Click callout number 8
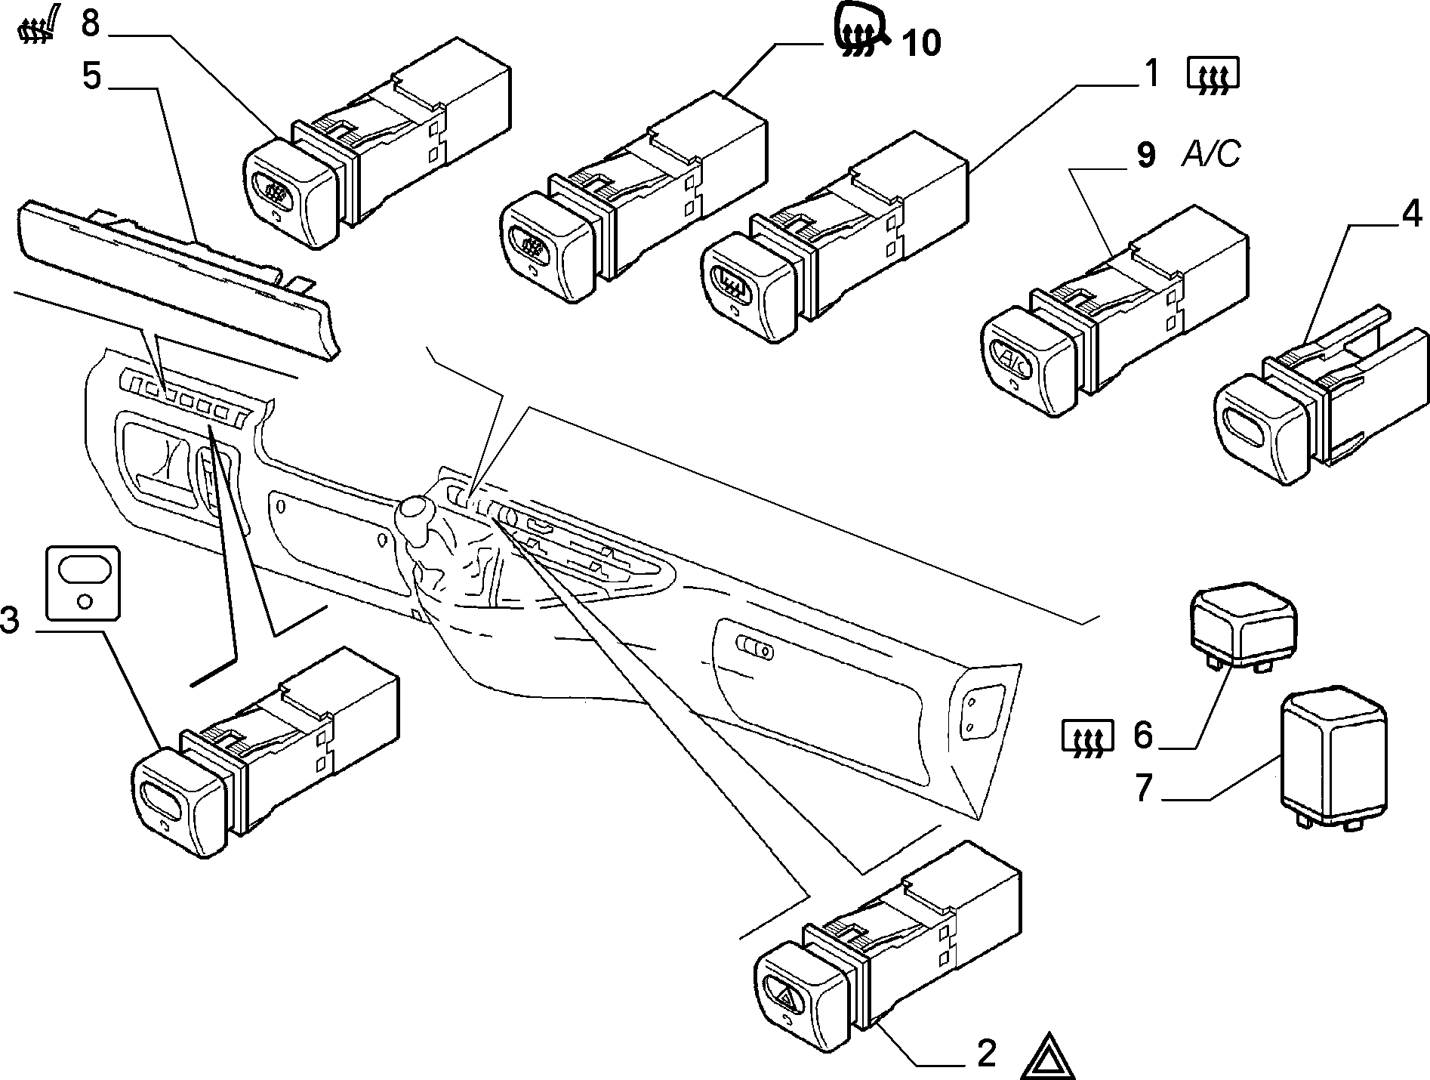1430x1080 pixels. [90, 23]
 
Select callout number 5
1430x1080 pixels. [91, 76]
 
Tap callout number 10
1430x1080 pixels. [921, 43]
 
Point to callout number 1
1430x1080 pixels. [1151, 74]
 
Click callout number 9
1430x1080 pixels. [1145, 155]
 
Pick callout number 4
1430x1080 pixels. [1411, 215]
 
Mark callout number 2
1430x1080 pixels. [986, 1054]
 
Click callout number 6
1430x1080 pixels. [1143, 733]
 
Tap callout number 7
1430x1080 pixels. [1144, 787]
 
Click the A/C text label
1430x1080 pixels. [1211, 155]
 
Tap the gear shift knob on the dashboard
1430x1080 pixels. [414, 517]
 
